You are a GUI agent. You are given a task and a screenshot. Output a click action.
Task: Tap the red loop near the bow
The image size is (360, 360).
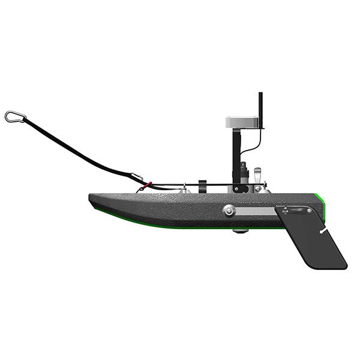[149, 185]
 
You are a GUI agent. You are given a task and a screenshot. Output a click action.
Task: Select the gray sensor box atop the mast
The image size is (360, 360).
[244, 122]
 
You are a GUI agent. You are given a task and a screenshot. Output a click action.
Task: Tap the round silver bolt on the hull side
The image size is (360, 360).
[229, 210]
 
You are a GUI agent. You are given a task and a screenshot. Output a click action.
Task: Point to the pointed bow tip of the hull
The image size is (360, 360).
[91, 197]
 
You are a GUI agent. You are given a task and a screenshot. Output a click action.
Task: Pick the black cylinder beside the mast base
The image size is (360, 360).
[244, 173]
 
